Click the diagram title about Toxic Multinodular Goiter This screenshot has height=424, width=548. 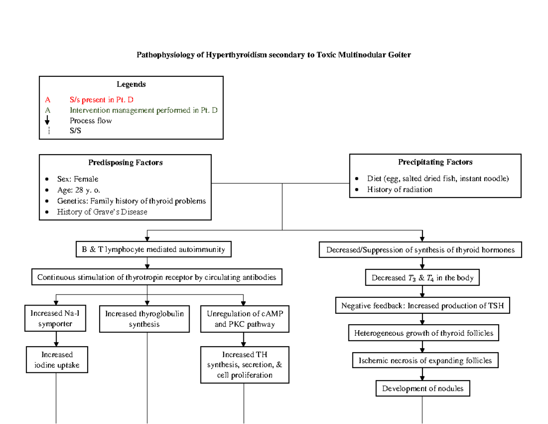pyautogui.click(x=274, y=55)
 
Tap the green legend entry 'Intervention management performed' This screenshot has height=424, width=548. pyautogui.click(x=143, y=110)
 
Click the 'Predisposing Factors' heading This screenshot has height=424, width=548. pyautogui.click(x=125, y=162)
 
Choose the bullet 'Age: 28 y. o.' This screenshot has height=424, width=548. pyautogui.click(x=78, y=190)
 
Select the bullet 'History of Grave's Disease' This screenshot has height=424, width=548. pyautogui.click(x=102, y=212)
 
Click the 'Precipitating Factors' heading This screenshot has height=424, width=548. pyautogui.click(x=435, y=162)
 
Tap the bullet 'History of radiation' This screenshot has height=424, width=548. pyautogui.click(x=399, y=189)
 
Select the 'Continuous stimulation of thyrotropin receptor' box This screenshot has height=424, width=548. pyautogui.click(x=157, y=277)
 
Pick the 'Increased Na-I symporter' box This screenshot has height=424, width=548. pyautogui.click(x=55, y=319)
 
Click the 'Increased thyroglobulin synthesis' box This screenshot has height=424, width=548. pyautogui.click(x=144, y=319)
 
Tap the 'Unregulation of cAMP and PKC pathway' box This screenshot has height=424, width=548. pyautogui.click(x=244, y=319)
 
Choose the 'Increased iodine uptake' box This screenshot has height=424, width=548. pyautogui.click(x=57, y=360)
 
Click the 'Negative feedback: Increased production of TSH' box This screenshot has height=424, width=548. pyautogui.click(x=422, y=306)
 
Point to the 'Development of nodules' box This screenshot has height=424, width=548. pyautogui.click(x=422, y=389)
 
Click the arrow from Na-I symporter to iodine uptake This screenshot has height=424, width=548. pyautogui.click(x=56, y=338)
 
